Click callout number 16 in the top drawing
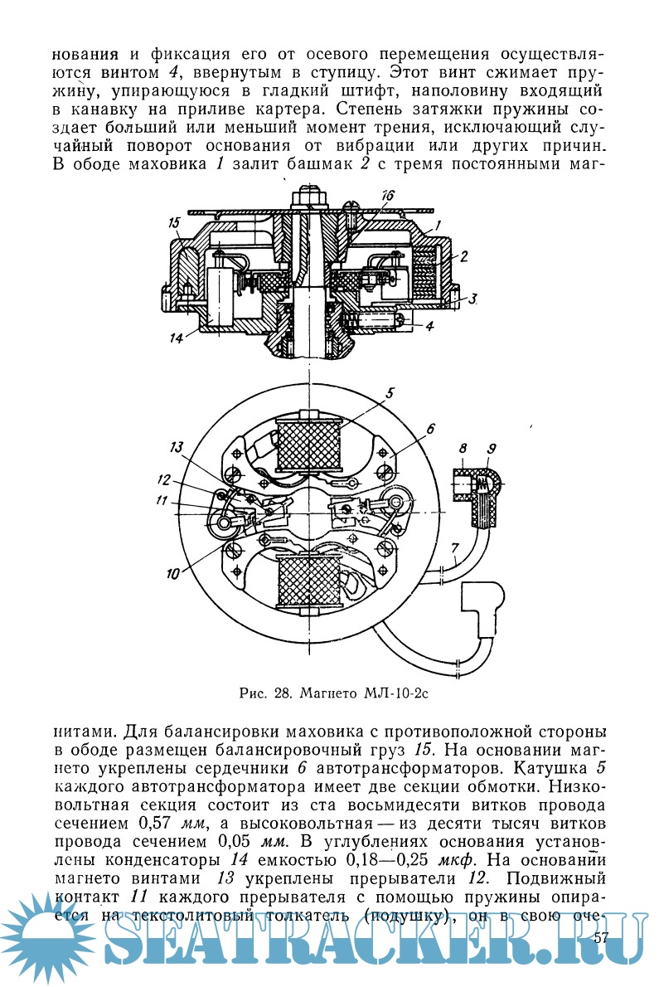(x=389, y=196)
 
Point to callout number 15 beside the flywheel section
(x=174, y=222)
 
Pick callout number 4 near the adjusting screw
(x=429, y=326)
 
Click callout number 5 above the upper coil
(x=390, y=393)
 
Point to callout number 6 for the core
(x=430, y=429)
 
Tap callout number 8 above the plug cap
(x=463, y=449)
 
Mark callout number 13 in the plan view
(x=176, y=447)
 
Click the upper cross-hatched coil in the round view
(x=308, y=441)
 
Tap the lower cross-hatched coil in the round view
(x=308, y=581)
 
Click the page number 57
(x=602, y=937)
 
